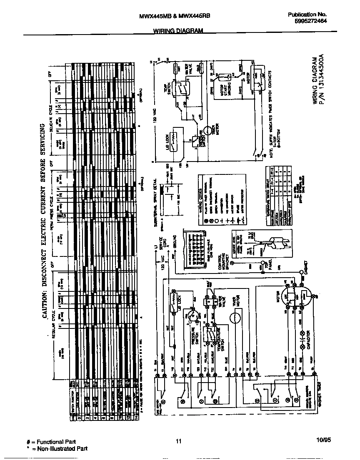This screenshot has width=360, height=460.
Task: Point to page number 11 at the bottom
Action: (x=179, y=442)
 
